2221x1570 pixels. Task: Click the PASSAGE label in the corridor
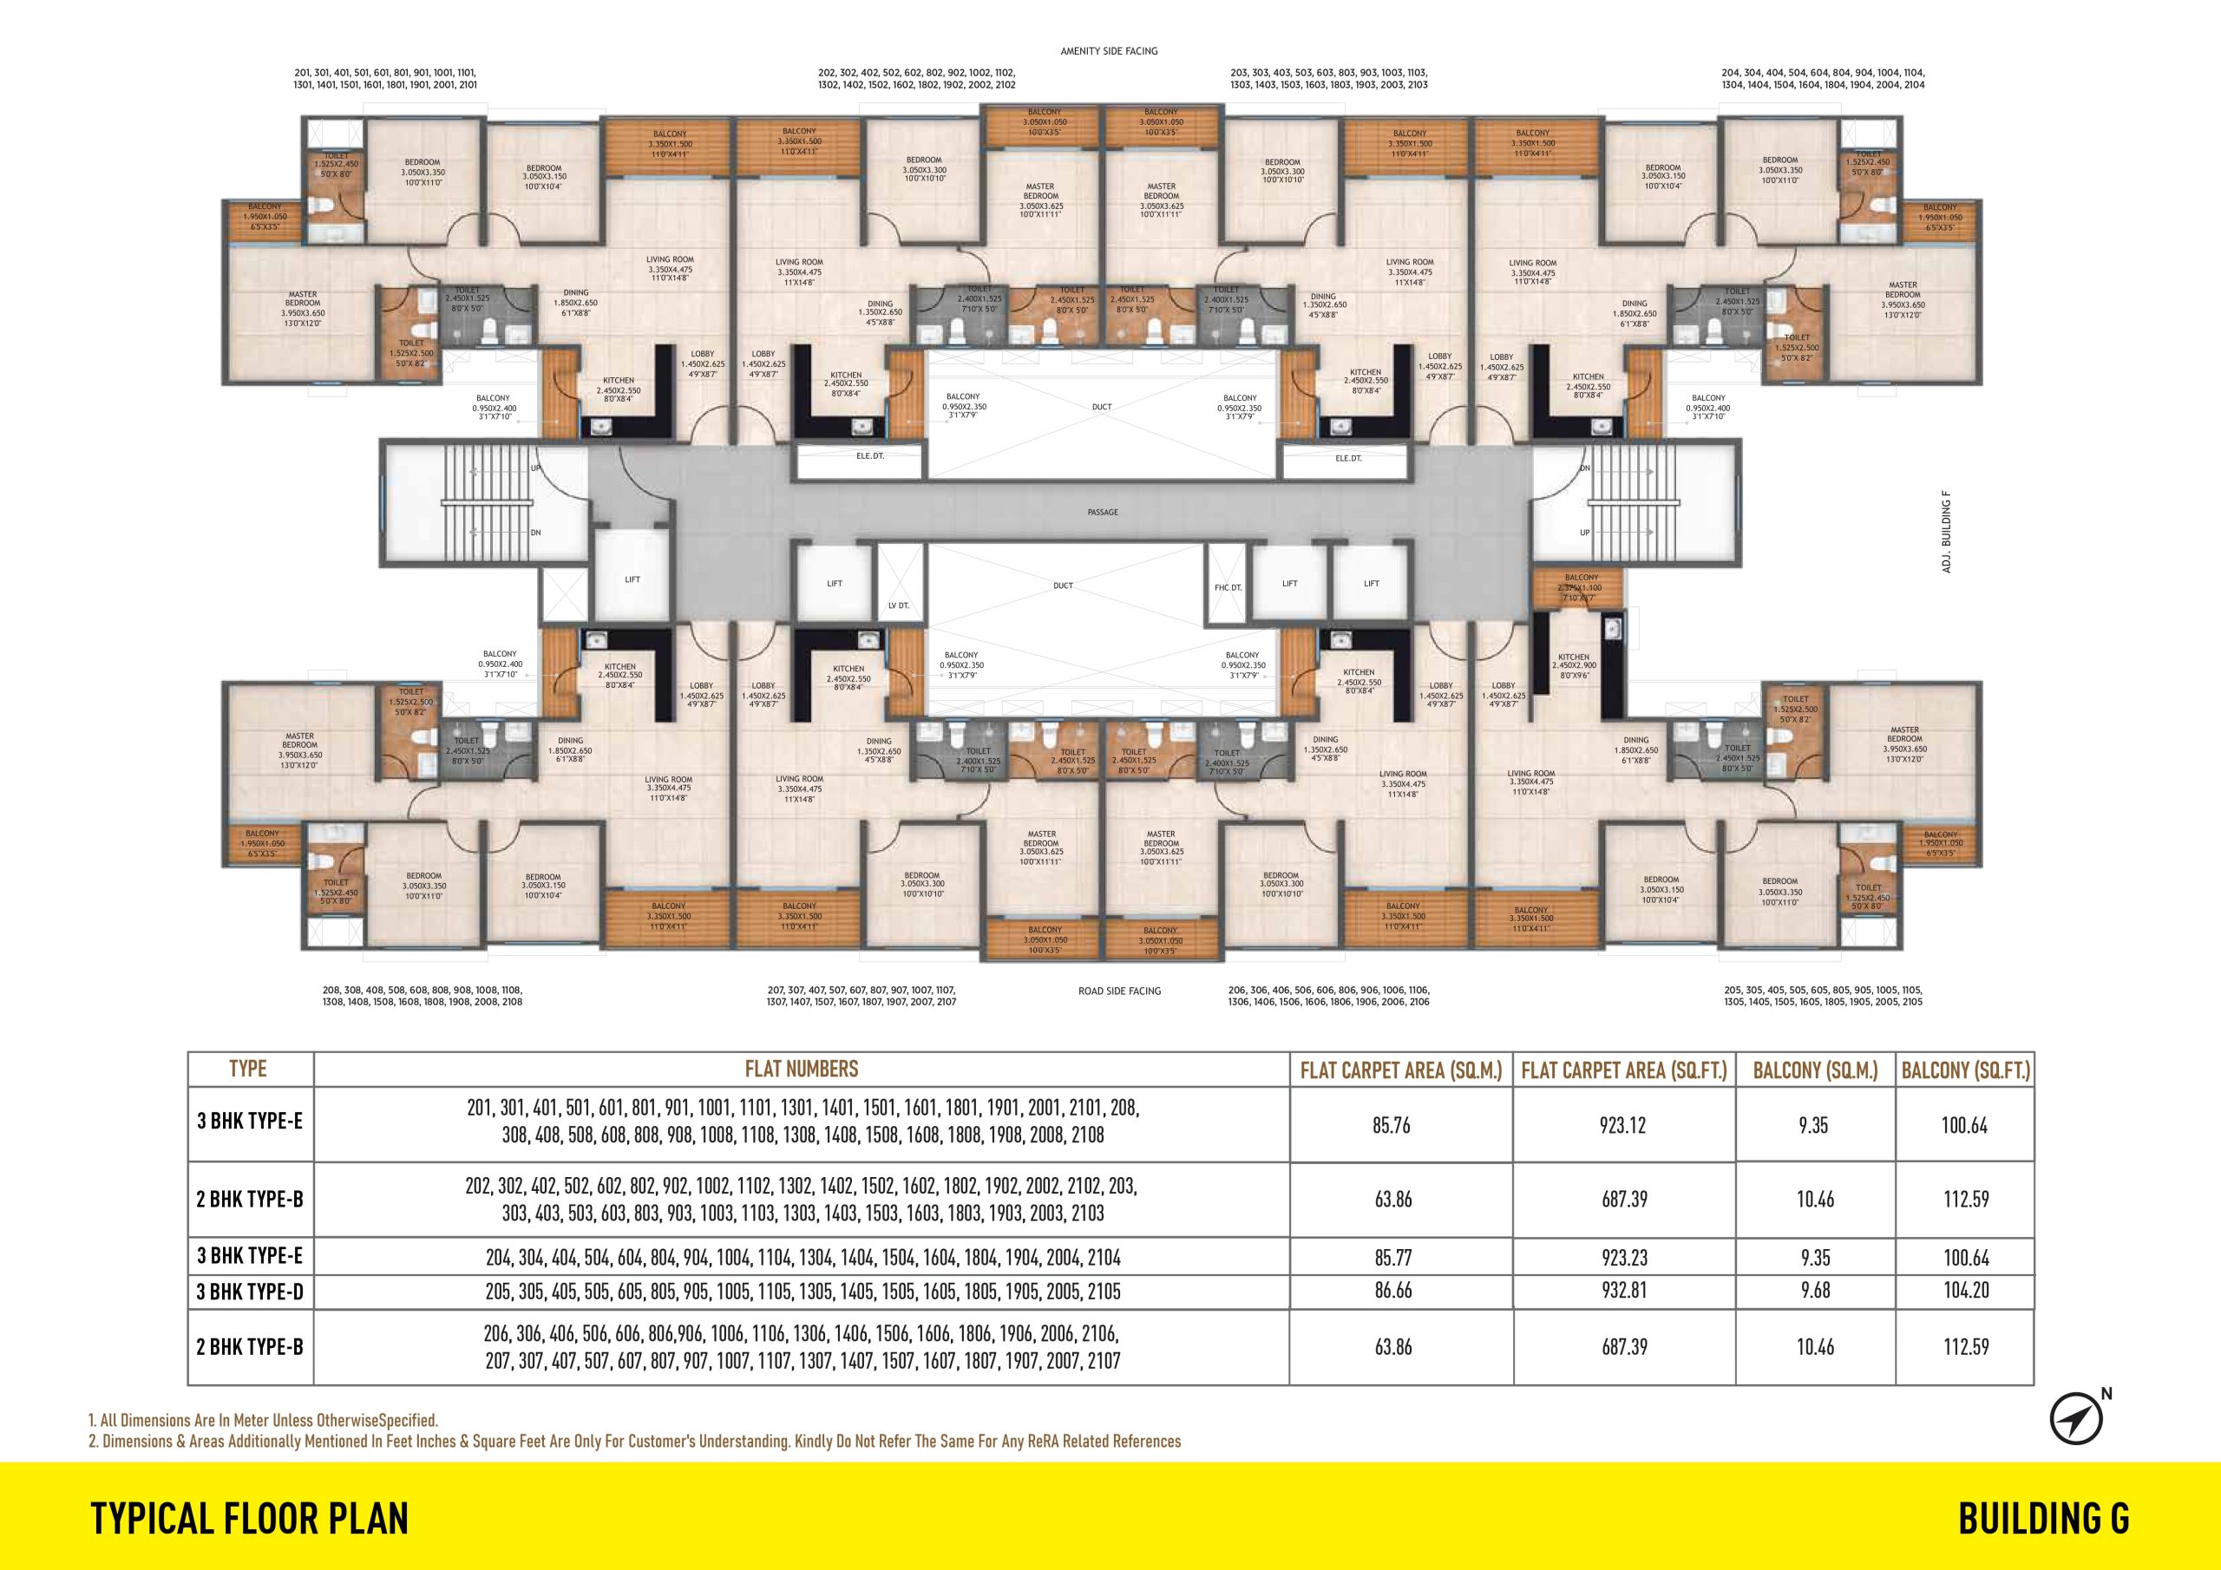click(x=1102, y=512)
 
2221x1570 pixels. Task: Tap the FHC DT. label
click(x=1228, y=587)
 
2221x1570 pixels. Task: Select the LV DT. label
click(x=899, y=605)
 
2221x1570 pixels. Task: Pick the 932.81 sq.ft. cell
click(x=1623, y=1291)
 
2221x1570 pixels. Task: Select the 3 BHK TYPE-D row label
click(x=251, y=1291)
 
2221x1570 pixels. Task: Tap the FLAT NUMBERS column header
click(x=801, y=1069)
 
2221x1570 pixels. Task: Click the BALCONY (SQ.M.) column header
click(x=1815, y=1070)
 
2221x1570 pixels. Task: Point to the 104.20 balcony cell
click(x=1965, y=1291)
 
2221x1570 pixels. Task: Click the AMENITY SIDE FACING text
click(x=1109, y=51)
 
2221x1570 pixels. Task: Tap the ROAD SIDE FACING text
click(x=1119, y=991)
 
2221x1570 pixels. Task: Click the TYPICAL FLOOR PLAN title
click(x=250, y=1518)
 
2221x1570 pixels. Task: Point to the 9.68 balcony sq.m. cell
click(x=1815, y=1291)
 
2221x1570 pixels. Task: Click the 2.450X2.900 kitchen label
click(x=1574, y=665)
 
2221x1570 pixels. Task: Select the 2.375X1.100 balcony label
click(x=1581, y=588)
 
